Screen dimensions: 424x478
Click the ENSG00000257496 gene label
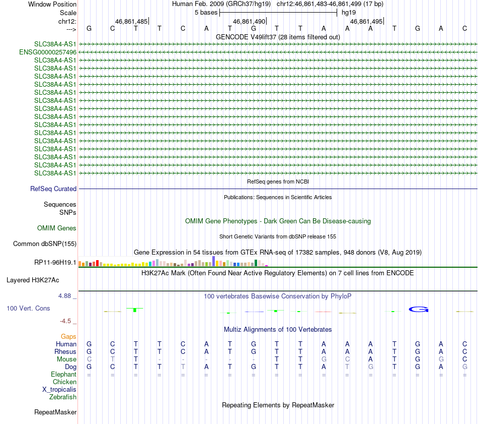48,52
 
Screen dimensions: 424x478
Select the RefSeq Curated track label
53,189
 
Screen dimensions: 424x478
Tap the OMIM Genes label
57,228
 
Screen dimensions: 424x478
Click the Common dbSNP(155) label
45,244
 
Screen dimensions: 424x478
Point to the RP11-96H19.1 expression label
55,263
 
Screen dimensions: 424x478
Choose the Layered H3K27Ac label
33,280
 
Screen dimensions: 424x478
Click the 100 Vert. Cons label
28,308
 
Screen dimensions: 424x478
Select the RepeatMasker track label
55,412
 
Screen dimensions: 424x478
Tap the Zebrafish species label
63,397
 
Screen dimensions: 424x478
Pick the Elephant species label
63,375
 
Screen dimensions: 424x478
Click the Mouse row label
66,359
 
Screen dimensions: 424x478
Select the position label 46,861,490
249,22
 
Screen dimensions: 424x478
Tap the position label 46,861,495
366,22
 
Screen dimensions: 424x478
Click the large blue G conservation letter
418,309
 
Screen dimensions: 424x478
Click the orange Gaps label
68,336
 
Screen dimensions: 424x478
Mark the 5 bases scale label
206,12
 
